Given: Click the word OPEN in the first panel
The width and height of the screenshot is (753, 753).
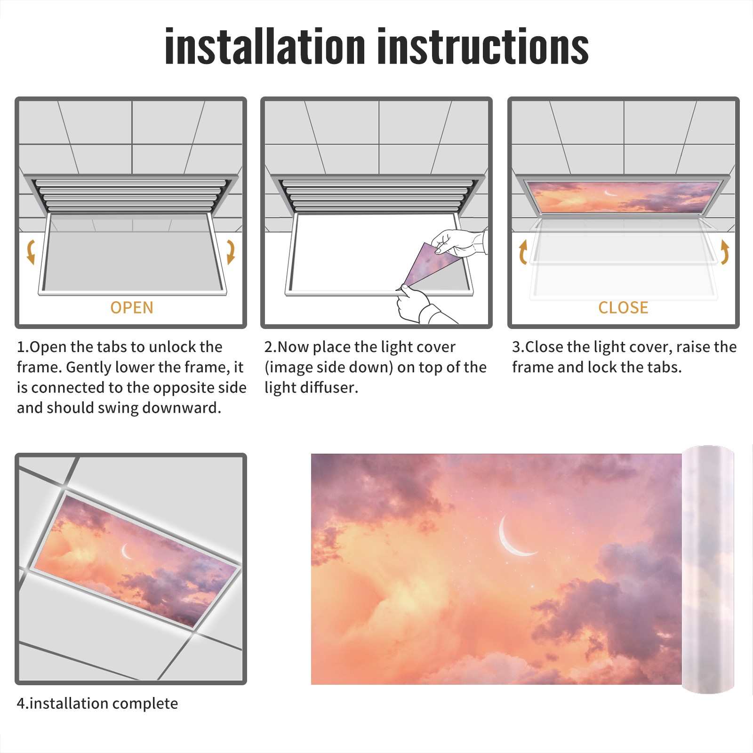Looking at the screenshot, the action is tap(132, 307).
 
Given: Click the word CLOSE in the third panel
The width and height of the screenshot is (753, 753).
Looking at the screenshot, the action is tap(623, 307).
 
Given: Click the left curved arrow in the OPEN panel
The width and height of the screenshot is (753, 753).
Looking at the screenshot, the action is tap(30, 252).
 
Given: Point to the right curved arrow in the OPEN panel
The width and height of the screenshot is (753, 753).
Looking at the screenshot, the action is tap(231, 252).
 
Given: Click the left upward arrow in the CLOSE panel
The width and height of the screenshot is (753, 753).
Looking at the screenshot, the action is tap(523, 252).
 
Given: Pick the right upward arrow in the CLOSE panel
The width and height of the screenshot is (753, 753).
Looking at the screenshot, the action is tap(725, 252).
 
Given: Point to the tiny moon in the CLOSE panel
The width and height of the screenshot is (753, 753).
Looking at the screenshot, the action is tap(610, 193).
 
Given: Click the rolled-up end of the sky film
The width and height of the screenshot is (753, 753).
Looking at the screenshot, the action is tap(708, 569).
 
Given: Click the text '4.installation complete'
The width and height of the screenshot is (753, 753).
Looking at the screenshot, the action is tap(97, 704).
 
